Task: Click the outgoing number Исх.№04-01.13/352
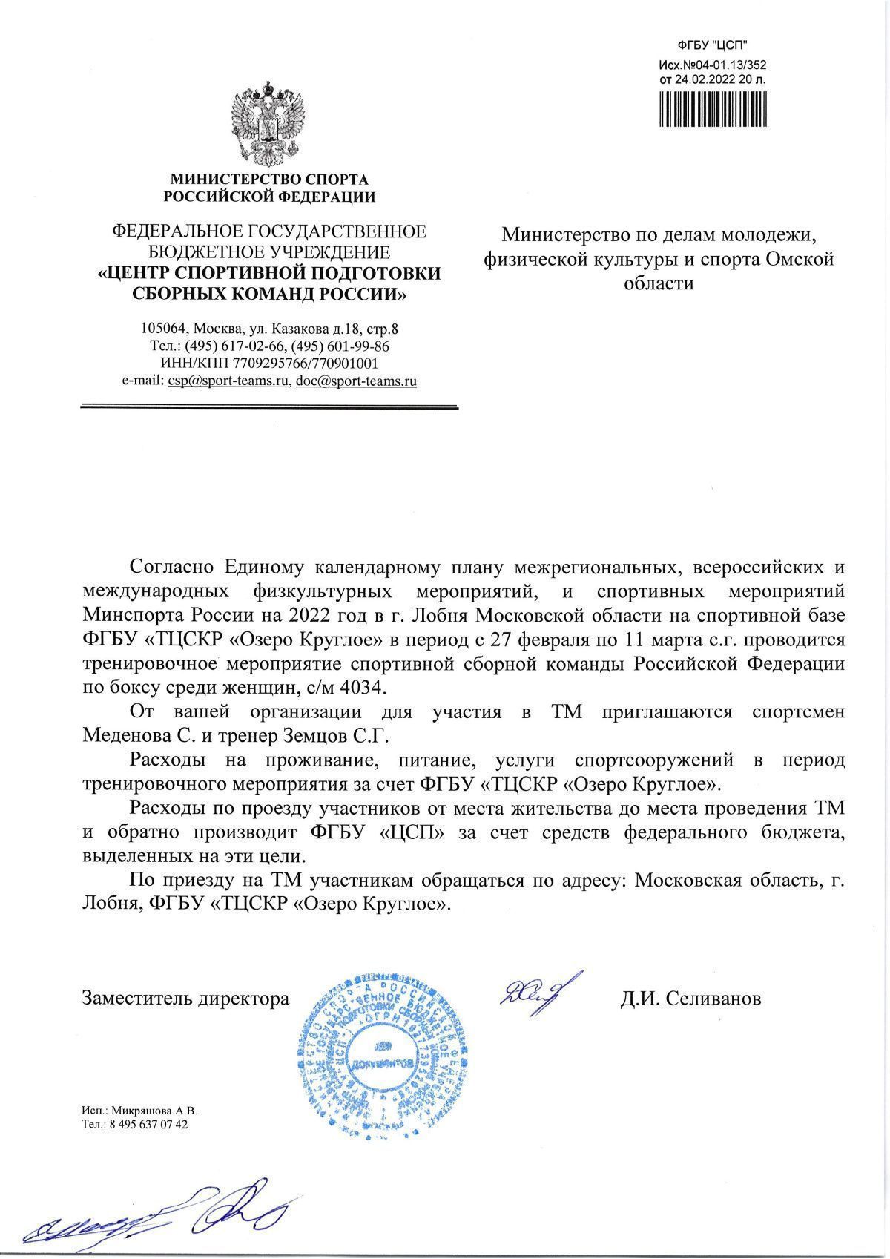(712, 64)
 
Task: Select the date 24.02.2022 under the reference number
(694, 77)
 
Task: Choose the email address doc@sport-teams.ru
(355, 381)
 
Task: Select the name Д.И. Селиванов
(690, 999)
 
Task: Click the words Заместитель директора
(185, 999)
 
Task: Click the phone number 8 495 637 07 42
(148, 1125)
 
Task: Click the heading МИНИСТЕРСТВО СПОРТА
(269, 180)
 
